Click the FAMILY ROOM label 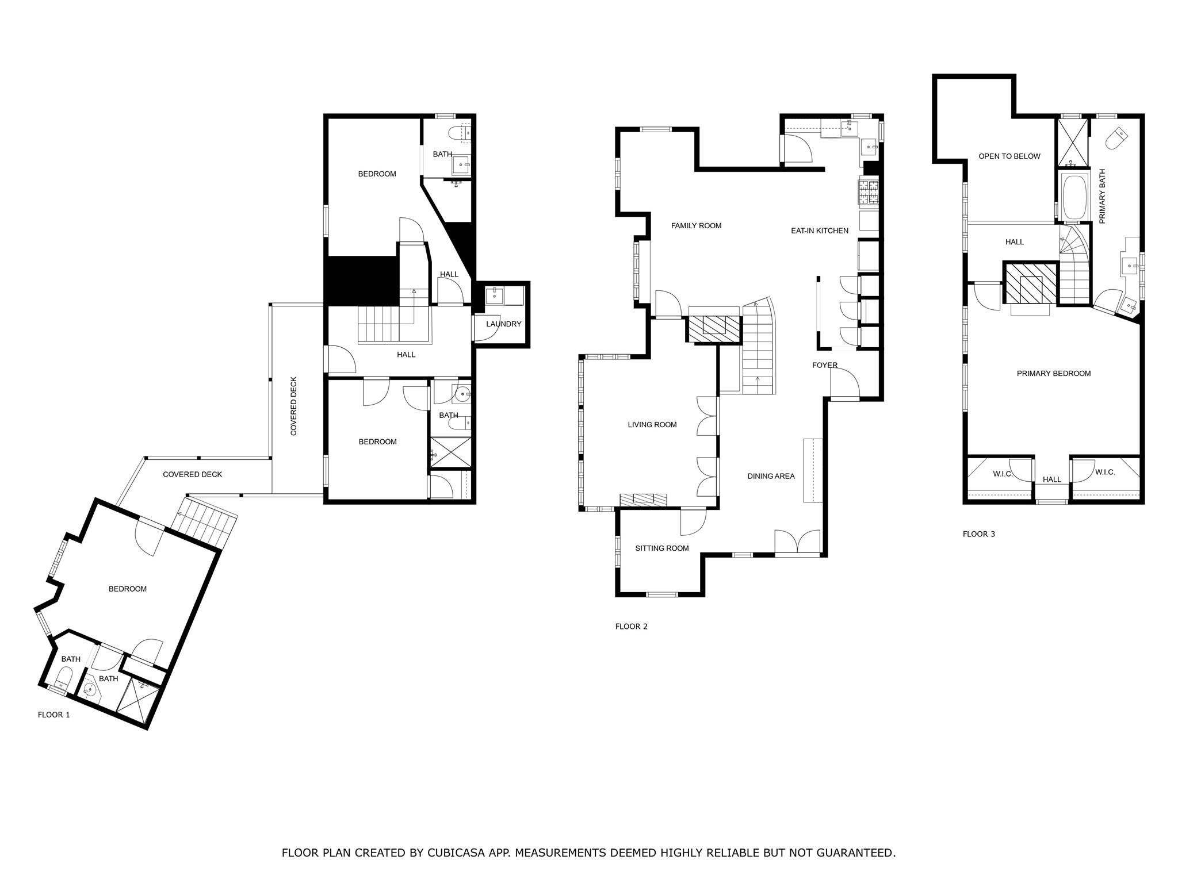[696, 226]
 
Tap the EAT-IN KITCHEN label [819, 231]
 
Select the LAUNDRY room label [503, 324]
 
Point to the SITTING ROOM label [661, 548]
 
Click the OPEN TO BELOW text [1009, 156]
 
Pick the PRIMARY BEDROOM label [1053, 374]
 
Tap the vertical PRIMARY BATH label [1102, 197]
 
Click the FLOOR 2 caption [631, 627]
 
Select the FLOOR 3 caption [978, 534]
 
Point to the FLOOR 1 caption [53, 715]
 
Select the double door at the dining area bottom [797, 542]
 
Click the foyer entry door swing [844, 382]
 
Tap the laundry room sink [494, 296]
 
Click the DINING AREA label [771, 477]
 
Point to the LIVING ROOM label [652, 425]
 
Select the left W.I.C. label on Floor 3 [1002, 474]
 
